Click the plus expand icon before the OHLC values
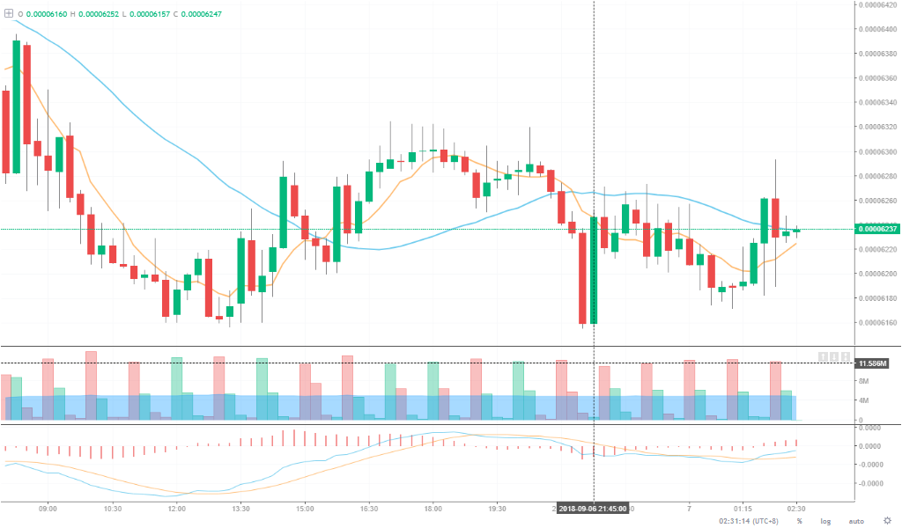[x=9, y=14]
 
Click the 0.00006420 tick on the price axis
[x=878, y=4]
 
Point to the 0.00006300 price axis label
[x=878, y=151]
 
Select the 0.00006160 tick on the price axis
[x=878, y=322]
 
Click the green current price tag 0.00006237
[x=877, y=230]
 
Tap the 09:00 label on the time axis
[x=48, y=509]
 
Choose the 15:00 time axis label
[x=305, y=509]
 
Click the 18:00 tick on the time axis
[x=433, y=509]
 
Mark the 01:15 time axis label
[x=743, y=509]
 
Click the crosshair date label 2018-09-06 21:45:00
[x=594, y=509]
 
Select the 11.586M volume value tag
[x=873, y=363]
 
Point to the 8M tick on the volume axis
[x=864, y=381]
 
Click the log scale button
[x=825, y=521]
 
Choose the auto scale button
[x=855, y=521]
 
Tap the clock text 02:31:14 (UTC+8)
[x=749, y=521]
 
